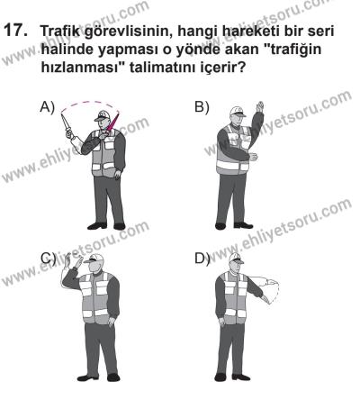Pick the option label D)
coord(202,258)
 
